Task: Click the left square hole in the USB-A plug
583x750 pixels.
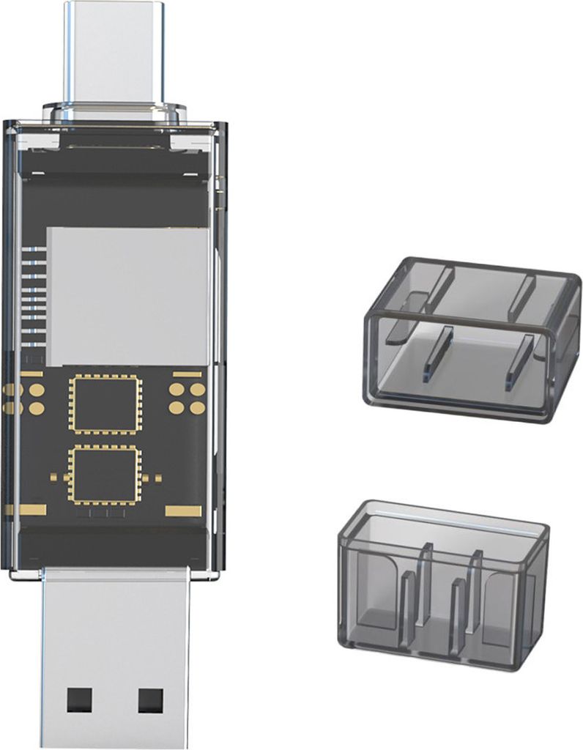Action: pos(78,700)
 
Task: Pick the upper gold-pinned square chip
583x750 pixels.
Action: pos(105,404)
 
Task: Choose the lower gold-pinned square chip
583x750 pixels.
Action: pos(105,475)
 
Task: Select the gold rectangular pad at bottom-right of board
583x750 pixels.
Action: pos(183,510)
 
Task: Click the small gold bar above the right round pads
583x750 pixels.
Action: pos(187,374)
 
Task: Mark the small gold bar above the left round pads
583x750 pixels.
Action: pos(31,374)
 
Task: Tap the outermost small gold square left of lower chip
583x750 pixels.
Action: pos(53,478)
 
